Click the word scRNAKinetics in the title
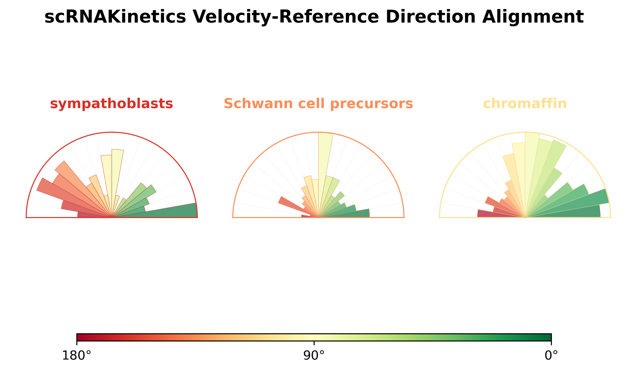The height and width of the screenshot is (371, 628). pyautogui.click(x=115, y=17)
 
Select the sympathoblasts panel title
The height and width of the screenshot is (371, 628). pyautogui.click(x=111, y=104)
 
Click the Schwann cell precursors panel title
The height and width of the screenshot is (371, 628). pyautogui.click(x=318, y=104)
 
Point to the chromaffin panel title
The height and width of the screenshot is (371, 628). pyautogui.click(x=525, y=104)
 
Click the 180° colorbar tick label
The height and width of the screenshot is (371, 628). pyautogui.click(x=77, y=355)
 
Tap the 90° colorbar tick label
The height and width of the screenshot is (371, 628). pyautogui.click(x=314, y=355)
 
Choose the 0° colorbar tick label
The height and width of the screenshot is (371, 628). pyautogui.click(x=551, y=355)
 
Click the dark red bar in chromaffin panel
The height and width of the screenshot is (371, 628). pyautogui.click(x=491, y=213)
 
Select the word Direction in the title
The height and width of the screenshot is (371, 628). pyautogui.click(x=430, y=17)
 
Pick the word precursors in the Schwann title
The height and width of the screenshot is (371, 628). pyautogui.click(x=372, y=104)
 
